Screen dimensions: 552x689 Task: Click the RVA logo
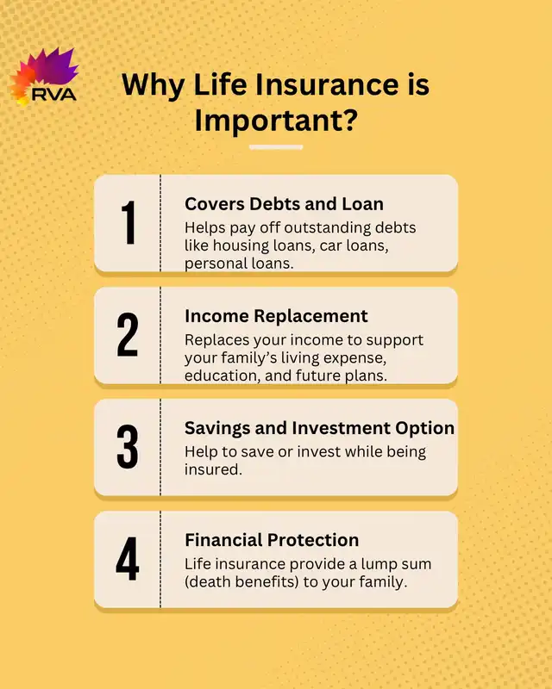point(43,77)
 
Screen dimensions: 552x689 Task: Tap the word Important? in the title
point(275,120)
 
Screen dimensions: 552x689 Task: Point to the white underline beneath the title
point(276,147)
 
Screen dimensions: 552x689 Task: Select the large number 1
point(129,222)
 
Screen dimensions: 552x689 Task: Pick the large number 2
point(128,334)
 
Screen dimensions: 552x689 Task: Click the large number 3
point(128,446)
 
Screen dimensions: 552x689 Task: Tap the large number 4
point(128,558)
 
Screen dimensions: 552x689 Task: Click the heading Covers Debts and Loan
point(284,204)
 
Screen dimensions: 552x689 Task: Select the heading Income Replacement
point(276,316)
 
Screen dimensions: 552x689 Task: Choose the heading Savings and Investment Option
point(320,428)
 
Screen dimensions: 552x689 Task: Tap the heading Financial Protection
point(272,540)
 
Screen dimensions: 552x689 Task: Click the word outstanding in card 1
point(327,227)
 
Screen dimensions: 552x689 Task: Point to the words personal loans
point(239,264)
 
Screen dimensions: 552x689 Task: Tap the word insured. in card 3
point(213,469)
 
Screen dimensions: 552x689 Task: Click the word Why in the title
point(154,84)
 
